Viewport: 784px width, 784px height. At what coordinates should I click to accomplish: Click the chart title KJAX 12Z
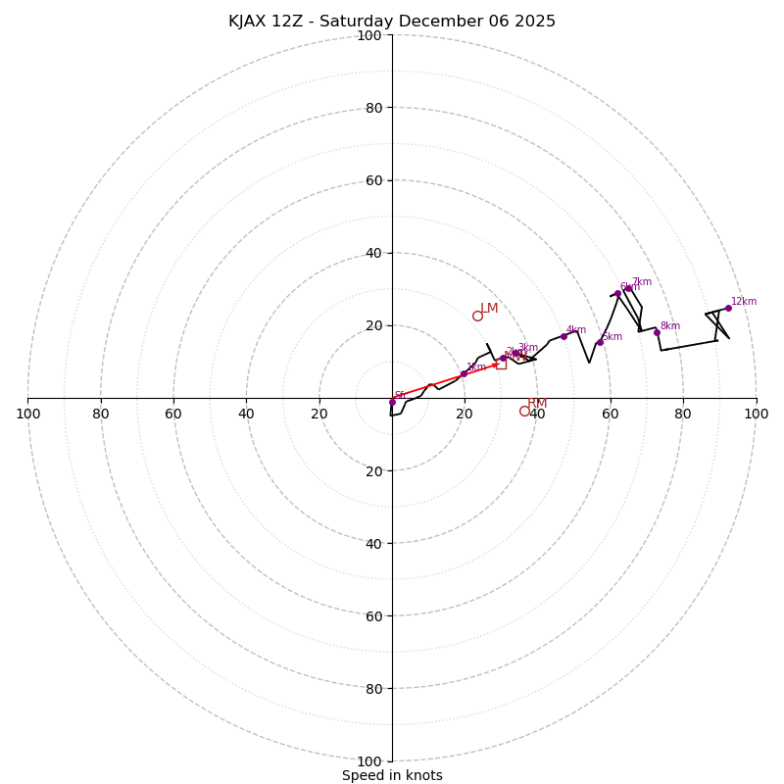pyautogui.click(x=392, y=22)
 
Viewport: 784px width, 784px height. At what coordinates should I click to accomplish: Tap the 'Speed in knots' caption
pyautogui.click(x=392, y=775)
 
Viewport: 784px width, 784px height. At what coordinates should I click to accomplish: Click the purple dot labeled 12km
pyautogui.click(x=728, y=308)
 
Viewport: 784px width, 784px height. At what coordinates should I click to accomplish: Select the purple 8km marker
pyautogui.click(x=657, y=332)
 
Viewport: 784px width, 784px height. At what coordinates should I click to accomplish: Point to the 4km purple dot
pyautogui.click(x=563, y=336)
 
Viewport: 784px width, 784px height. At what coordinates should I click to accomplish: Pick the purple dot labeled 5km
pyautogui.click(x=600, y=342)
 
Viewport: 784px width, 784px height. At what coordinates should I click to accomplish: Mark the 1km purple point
pyautogui.click(x=464, y=373)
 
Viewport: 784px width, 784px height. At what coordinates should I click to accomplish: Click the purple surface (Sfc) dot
pyautogui.click(x=392, y=402)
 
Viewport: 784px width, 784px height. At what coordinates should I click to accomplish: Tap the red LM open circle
pyautogui.click(x=477, y=316)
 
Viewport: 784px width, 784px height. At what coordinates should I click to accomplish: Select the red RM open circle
pyautogui.click(x=524, y=411)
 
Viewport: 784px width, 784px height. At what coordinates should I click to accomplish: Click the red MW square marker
pyautogui.click(x=501, y=364)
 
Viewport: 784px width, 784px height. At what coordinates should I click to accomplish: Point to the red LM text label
pyautogui.click(x=489, y=308)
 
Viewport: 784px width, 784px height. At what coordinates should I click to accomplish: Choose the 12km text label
pyautogui.click(x=744, y=302)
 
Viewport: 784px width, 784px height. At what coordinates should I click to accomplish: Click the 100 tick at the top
pyautogui.click(x=369, y=35)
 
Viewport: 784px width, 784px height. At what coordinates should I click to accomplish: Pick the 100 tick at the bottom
pyautogui.click(x=369, y=760)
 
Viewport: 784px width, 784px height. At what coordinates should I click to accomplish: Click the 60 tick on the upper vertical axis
pyautogui.click(x=373, y=180)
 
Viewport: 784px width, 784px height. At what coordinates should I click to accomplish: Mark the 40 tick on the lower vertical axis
pyautogui.click(x=373, y=543)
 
